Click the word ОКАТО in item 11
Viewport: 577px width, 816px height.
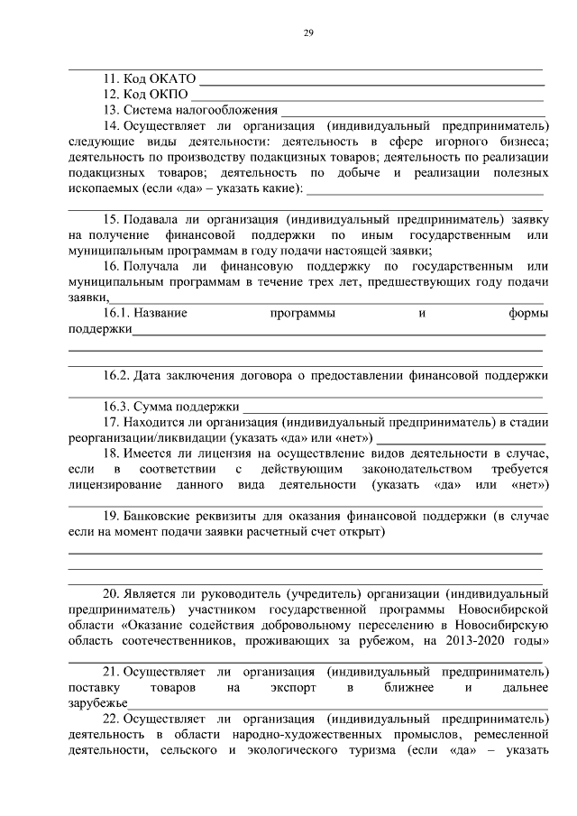(171, 78)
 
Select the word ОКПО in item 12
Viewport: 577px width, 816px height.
(167, 94)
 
